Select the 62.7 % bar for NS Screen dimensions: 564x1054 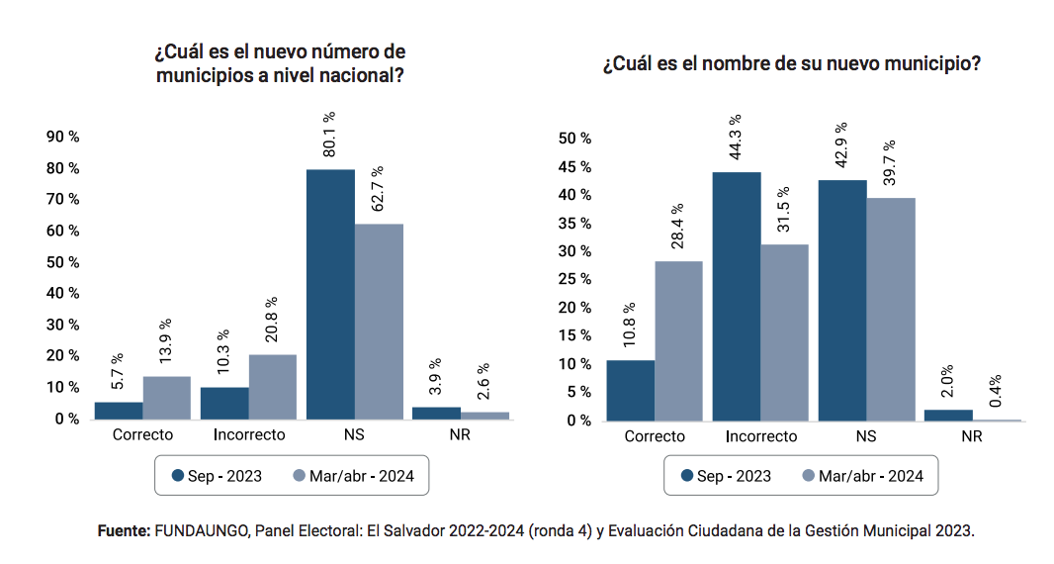[379, 321]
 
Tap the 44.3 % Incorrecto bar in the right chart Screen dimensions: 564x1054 [737, 296]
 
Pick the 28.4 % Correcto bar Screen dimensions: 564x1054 [678, 340]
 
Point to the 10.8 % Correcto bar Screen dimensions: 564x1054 [630, 390]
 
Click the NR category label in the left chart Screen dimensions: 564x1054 [461, 434]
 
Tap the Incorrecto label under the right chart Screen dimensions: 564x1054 [760, 436]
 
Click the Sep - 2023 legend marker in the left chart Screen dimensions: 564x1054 [179, 476]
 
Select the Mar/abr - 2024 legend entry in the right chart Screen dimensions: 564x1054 [860, 476]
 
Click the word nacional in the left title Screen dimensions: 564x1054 [346, 75]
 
